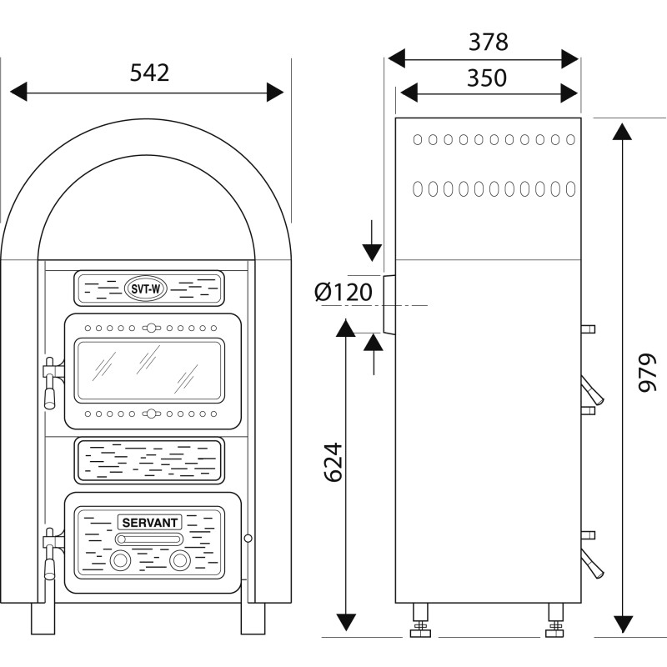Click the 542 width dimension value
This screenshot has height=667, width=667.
[149, 73]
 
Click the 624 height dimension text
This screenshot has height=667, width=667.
[332, 461]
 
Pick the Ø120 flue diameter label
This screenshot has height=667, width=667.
[344, 292]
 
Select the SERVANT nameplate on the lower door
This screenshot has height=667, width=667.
[150, 522]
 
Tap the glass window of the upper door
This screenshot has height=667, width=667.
[150, 369]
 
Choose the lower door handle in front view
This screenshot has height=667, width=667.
[50, 554]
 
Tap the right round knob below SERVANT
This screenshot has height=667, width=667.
[179, 561]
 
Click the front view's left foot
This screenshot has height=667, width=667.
[43, 618]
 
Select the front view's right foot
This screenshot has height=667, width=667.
[253, 618]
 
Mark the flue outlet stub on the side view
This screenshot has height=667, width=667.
[389, 304]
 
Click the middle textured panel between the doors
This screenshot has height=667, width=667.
[150, 461]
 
